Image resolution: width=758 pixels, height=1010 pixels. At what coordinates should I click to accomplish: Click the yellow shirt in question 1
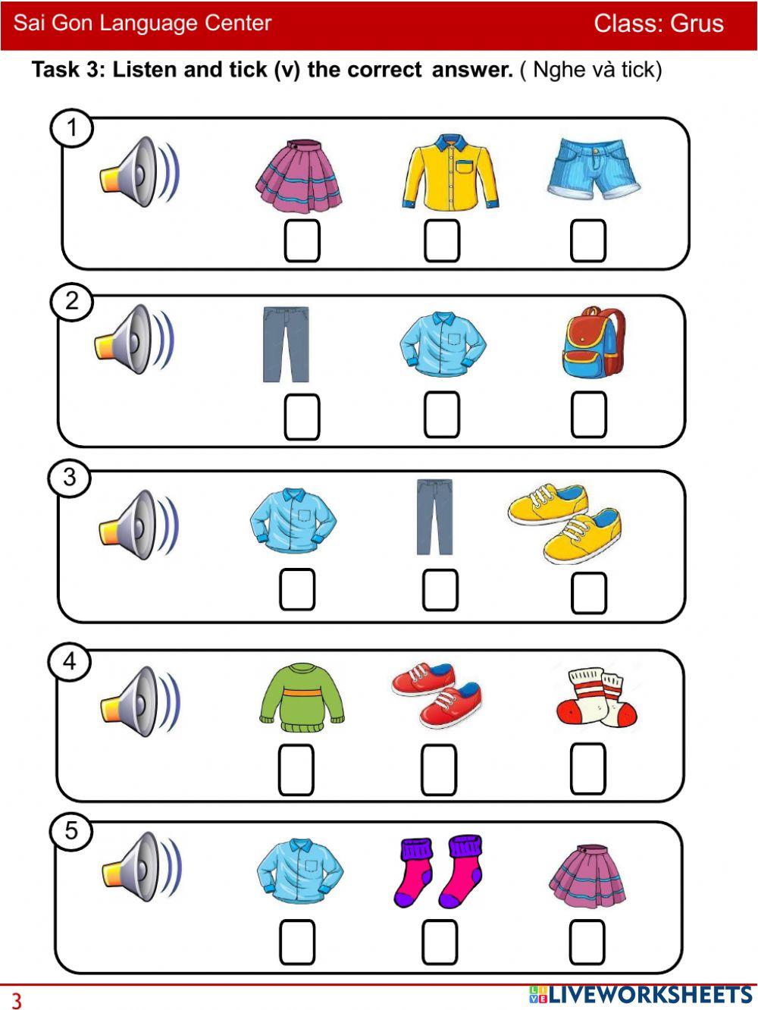tap(449, 171)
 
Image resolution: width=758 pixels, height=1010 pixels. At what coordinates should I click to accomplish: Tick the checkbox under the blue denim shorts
tap(587, 240)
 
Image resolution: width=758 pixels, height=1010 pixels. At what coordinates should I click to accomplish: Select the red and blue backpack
tap(594, 342)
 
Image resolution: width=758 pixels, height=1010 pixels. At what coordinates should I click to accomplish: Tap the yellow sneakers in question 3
tap(565, 522)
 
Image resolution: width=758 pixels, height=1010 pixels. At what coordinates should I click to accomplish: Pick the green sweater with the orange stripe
tap(302, 697)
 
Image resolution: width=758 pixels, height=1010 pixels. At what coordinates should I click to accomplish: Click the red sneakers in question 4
tap(437, 695)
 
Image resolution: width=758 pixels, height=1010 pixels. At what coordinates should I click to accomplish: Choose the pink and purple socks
tap(438, 872)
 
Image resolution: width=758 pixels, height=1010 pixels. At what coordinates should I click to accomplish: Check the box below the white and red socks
tap(587, 769)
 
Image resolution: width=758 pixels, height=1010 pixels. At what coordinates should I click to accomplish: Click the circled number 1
tap(72, 127)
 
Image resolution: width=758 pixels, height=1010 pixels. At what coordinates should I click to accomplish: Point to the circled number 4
tap(70, 662)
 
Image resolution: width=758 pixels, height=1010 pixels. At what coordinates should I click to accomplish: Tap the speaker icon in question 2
tap(134, 339)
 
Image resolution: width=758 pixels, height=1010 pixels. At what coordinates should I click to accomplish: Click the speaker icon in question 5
tap(142, 867)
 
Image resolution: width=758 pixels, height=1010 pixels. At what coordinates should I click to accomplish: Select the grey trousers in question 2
tap(286, 344)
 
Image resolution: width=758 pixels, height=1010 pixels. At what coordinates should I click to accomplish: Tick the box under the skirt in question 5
tap(587, 942)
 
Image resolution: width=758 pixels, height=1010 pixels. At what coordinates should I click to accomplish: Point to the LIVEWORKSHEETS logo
tap(641, 996)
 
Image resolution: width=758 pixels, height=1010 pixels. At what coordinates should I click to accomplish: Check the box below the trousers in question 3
tap(440, 590)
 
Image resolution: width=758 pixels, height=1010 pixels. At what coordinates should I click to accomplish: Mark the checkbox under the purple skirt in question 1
tap(302, 240)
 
